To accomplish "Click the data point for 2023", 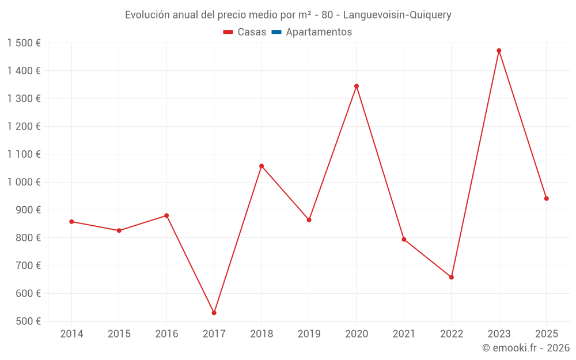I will pos(499,51).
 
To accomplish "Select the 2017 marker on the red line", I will pos(214,313).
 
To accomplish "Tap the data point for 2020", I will pos(357,86).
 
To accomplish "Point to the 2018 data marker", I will pos(262,166).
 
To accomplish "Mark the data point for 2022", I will pos(452,277).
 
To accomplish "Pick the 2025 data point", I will pos(547,199).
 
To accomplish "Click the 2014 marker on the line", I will pos(71,222).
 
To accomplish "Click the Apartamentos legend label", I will pos(319,32).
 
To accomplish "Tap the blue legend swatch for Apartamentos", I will pos(276,32).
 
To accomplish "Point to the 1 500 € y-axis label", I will pos(24,43).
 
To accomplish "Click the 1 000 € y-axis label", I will pos(24,182).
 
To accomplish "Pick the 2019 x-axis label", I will pos(309,334).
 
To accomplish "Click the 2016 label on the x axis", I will pos(166,334).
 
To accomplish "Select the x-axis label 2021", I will pos(404,334).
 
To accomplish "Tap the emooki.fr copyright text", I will pos(526,348).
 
